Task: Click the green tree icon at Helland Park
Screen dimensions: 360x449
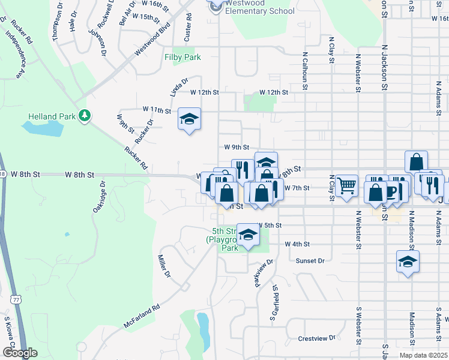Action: coord(85,115)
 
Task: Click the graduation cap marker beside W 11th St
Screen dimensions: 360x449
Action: coord(189,120)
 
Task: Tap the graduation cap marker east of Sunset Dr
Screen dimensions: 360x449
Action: coord(408,262)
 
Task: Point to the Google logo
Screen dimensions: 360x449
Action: coord(20,353)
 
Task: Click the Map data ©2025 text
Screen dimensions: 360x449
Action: coord(423,355)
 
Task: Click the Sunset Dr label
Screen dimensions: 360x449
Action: coord(310,261)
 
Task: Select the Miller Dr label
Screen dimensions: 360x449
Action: coord(164,266)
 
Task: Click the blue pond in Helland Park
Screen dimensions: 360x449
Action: coord(43,128)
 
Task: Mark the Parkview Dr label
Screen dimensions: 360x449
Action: coord(264,272)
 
